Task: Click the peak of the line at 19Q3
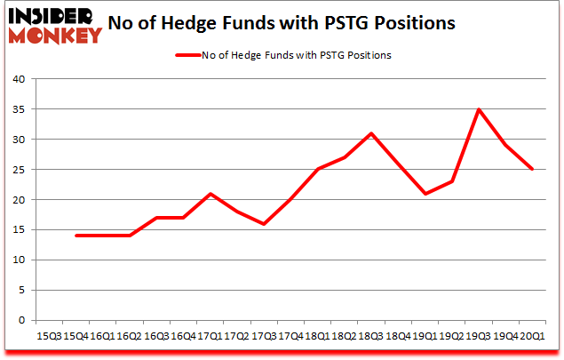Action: pyautogui.click(x=479, y=109)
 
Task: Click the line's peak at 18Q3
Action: pyautogui.click(x=371, y=133)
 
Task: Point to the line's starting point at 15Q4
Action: pyautogui.click(x=75, y=236)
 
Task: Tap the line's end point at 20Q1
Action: pyautogui.click(x=533, y=170)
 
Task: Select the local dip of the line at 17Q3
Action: pyautogui.click(x=264, y=224)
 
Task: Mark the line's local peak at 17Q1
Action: pyautogui.click(x=210, y=194)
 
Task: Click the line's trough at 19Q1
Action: pyautogui.click(x=425, y=194)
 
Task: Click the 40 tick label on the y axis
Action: pyautogui.click(x=17, y=79)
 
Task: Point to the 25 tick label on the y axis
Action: pyautogui.click(x=17, y=170)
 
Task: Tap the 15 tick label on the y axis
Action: pyautogui.click(x=17, y=230)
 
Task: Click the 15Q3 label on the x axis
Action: pyautogui.click(x=49, y=337)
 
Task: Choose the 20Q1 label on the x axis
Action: pyautogui.click(x=533, y=337)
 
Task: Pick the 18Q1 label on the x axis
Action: pyautogui.click(x=318, y=337)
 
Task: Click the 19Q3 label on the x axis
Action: pyautogui.click(x=479, y=337)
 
